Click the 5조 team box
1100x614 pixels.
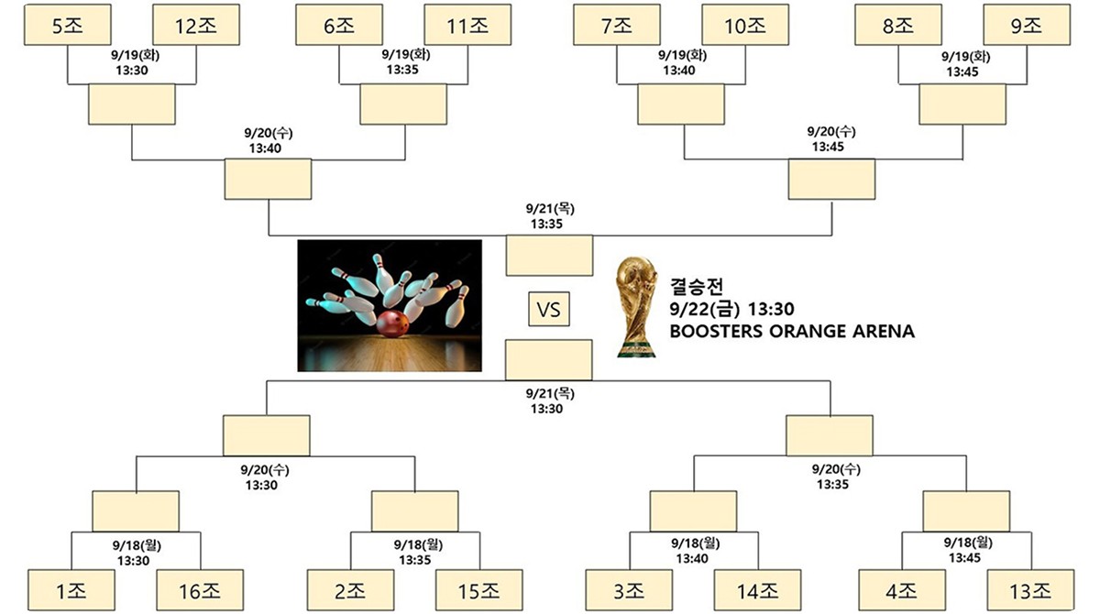point(67,25)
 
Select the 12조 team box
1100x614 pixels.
point(196,25)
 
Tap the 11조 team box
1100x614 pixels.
point(467,25)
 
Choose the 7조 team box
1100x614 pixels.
point(617,25)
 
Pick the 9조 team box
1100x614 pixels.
point(1027,25)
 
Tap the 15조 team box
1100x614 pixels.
point(478,591)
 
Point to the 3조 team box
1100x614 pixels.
point(629,591)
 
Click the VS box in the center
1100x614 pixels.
point(548,310)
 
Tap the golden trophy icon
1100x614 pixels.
point(638,306)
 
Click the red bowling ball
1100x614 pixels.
point(391,324)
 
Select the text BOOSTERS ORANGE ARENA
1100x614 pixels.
point(792,332)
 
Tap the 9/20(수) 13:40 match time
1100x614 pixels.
point(269,139)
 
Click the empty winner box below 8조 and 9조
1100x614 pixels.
point(962,104)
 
